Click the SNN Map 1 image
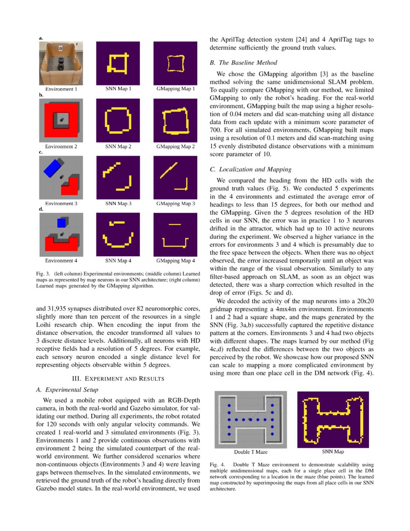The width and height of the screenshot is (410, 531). [x=118, y=63]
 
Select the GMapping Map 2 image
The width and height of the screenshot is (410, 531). [x=176, y=120]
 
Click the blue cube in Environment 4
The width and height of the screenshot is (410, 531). [x=61, y=223]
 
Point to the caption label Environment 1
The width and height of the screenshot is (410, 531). [x=61, y=89]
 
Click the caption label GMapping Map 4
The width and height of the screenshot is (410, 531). [x=176, y=261]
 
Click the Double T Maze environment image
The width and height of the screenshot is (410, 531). [x=251, y=419]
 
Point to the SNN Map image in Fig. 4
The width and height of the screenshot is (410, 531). [x=333, y=419]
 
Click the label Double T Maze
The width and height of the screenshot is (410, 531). [x=251, y=452]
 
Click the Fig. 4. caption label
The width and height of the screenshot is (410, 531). [x=218, y=464]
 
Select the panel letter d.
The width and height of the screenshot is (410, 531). [x=41, y=209]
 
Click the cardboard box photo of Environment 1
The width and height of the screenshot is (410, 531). [x=61, y=63]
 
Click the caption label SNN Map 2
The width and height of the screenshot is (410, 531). [x=118, y=146]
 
